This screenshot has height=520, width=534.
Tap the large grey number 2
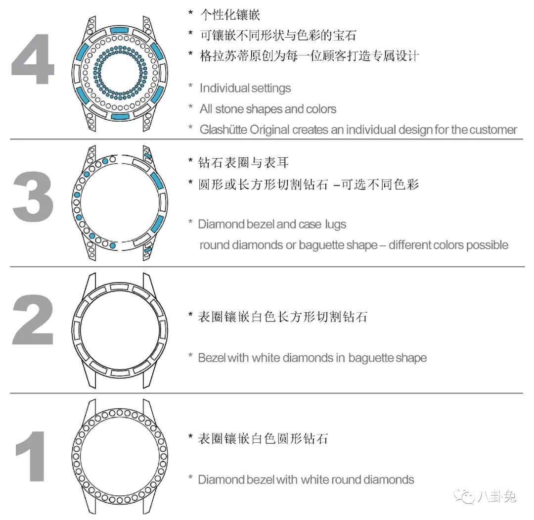[x=33, y=319]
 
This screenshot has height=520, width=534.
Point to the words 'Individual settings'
[x=245, y=88]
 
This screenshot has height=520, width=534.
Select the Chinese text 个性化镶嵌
[x=230, y=14]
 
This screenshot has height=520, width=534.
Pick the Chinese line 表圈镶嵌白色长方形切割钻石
[x=283, y=317]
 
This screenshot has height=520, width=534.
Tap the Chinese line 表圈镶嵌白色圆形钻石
[x=263, y=438]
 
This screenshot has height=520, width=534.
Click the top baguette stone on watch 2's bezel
[x=120, y=287]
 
